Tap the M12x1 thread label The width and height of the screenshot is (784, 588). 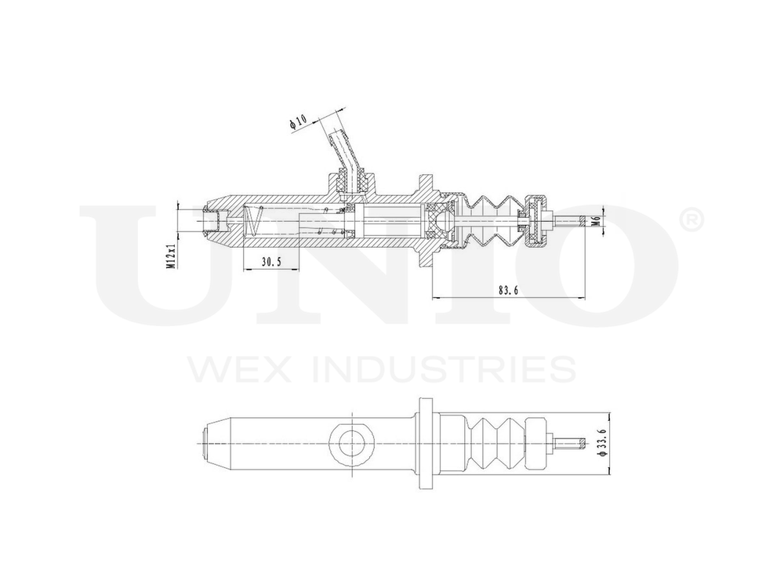coord(169,256)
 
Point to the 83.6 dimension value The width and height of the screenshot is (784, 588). coord(509,290)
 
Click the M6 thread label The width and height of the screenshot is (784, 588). coord(596,220)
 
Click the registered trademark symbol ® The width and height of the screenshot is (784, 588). coord(692,220)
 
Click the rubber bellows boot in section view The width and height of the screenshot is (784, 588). coord(490,220)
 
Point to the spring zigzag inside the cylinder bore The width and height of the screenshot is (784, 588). coord(252,220)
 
